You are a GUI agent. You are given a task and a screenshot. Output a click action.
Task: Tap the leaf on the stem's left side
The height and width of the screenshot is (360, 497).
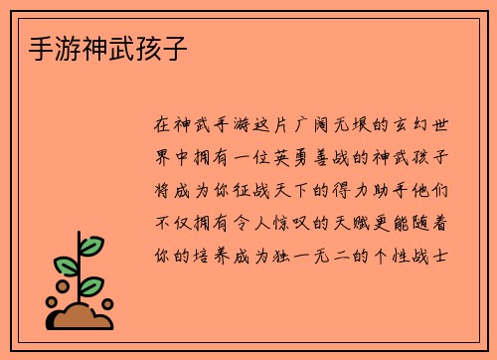tap(66, 265)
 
